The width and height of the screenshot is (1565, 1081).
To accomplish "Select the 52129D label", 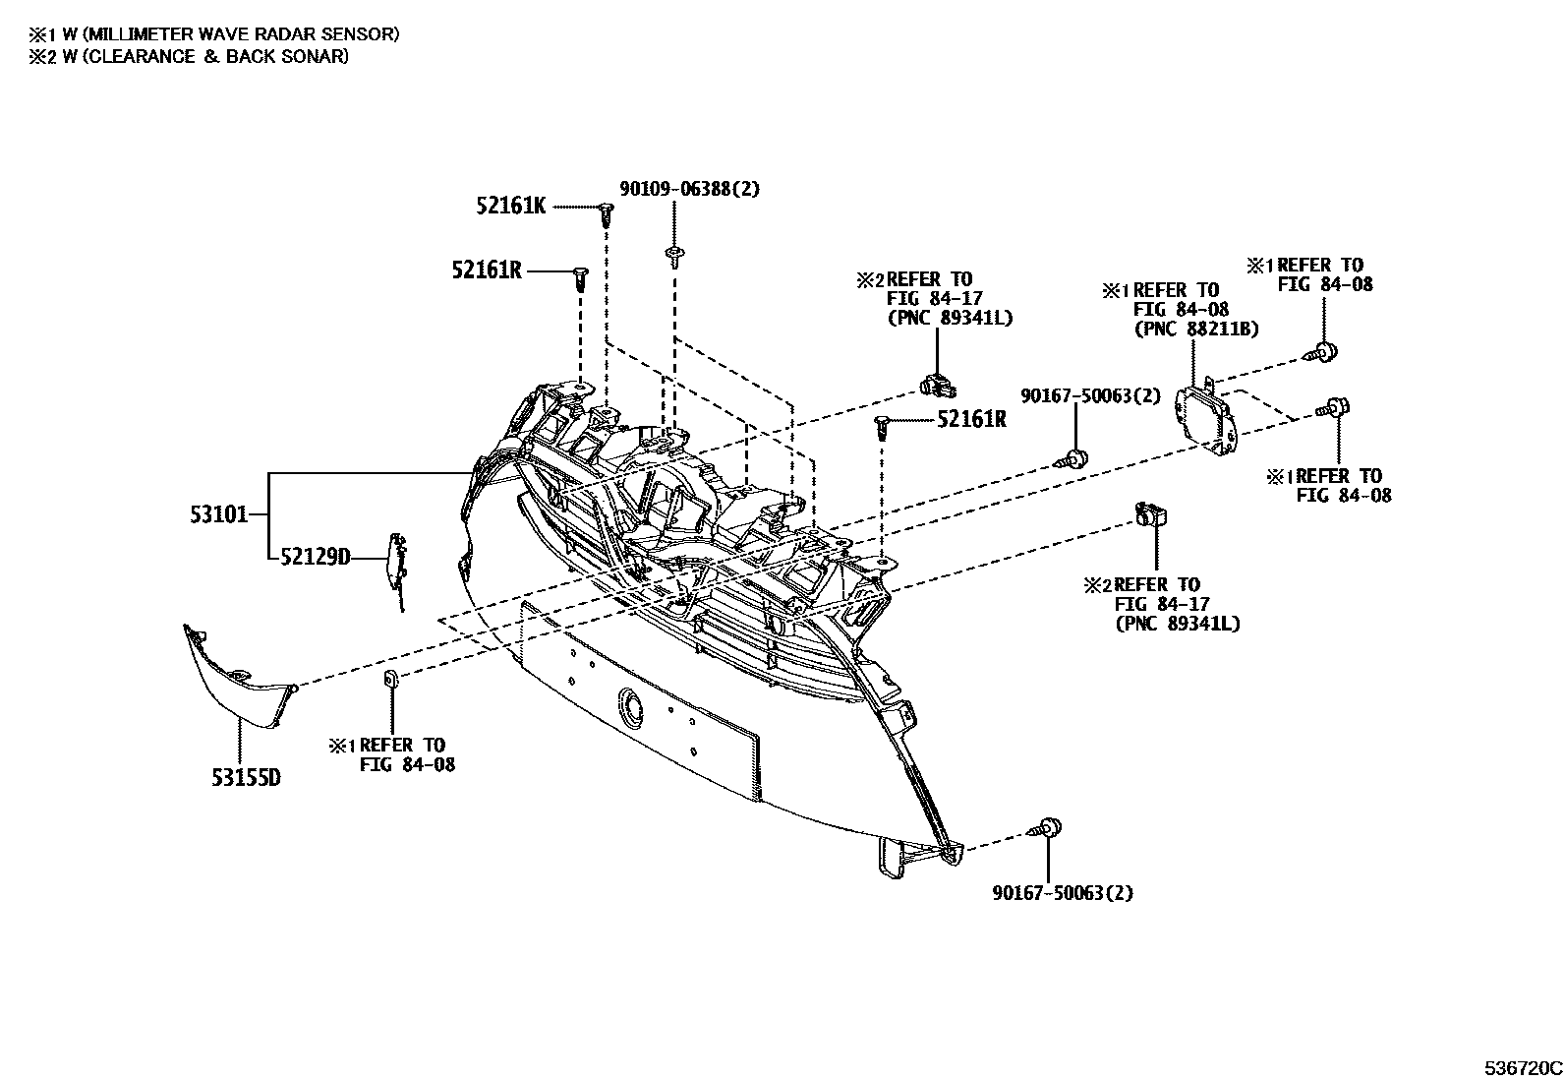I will pos(315,559).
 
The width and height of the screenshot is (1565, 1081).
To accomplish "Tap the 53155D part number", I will pos(245,778).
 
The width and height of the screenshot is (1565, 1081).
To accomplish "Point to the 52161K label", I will pos(510,206).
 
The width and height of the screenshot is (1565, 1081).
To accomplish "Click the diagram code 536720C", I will pos(1523,1067).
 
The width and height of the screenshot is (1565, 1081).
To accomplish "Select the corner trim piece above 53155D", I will pos(236,679).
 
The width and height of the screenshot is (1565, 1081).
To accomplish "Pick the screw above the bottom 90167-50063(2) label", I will pos(1047,828).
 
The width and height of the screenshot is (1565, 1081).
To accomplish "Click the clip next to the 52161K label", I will pos(607,211).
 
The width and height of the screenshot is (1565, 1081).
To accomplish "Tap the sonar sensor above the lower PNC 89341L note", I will pos(1150,512).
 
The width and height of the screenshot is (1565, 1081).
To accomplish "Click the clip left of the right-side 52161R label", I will pos(882,425).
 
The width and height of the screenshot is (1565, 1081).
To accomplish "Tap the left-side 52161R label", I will pos(487,270).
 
